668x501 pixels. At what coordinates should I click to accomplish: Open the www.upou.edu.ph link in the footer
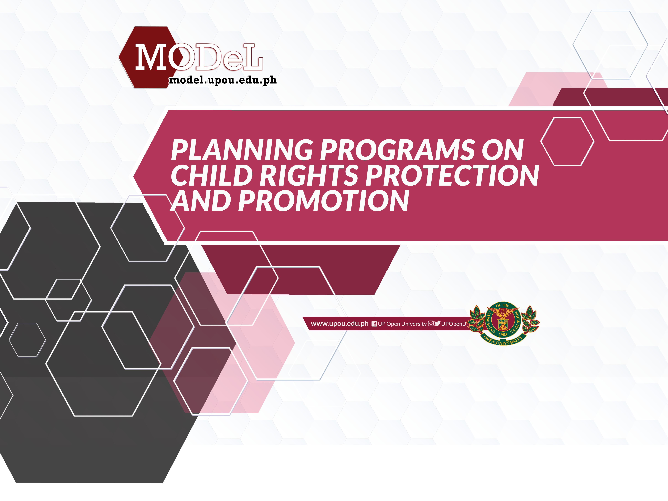tap(340, 324)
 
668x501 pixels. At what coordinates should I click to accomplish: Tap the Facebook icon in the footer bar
tap(374, 324)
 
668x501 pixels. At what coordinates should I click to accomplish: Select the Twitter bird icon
tap(437, 323)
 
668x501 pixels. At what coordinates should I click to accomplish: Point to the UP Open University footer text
tap(402, 324)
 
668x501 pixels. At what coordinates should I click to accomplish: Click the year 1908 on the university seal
tap(503, 335)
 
